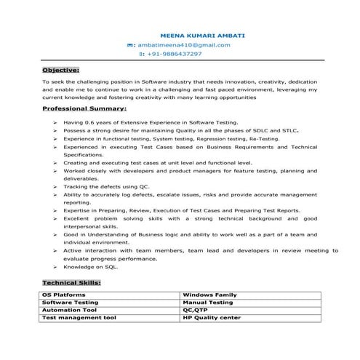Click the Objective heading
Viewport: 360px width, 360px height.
[x=60, y=70]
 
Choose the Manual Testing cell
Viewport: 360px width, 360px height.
[x=208, y=302]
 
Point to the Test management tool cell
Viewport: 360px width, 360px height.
[x=79, y=317]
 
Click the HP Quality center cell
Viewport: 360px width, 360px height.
[x=212, y=317]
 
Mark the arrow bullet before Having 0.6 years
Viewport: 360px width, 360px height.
[x=55, y=124]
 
